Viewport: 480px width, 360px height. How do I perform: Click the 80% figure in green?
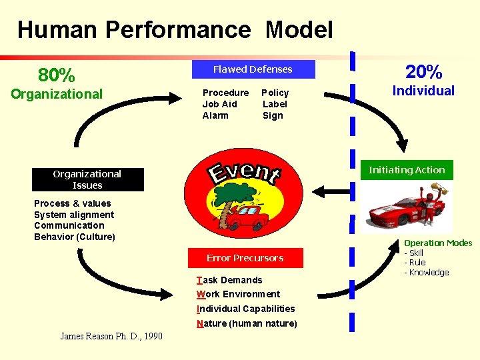(57, 74)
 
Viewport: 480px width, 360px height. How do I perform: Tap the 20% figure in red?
(423, 71)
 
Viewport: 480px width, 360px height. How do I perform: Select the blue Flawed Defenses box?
(253, 69)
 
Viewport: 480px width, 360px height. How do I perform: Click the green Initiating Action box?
(407, 170)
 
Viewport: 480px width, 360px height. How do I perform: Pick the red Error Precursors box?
(245, 258)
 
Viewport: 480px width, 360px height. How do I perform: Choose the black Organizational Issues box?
(87, 179)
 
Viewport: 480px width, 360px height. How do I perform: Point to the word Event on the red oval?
(245, 171)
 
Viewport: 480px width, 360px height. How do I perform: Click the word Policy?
(275, 93)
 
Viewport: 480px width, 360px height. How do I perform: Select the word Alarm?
(215, 115)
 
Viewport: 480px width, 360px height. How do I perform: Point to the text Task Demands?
(230, 280)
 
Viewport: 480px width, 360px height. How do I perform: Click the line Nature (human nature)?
(247, 323)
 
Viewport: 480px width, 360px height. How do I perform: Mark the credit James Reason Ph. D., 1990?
(111, 336)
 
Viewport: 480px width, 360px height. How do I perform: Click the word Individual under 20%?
(423, 91)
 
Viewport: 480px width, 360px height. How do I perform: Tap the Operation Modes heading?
(438, 243)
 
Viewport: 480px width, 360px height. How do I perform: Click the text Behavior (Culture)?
(75, 237)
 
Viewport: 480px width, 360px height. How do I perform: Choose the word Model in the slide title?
(299, 29)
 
